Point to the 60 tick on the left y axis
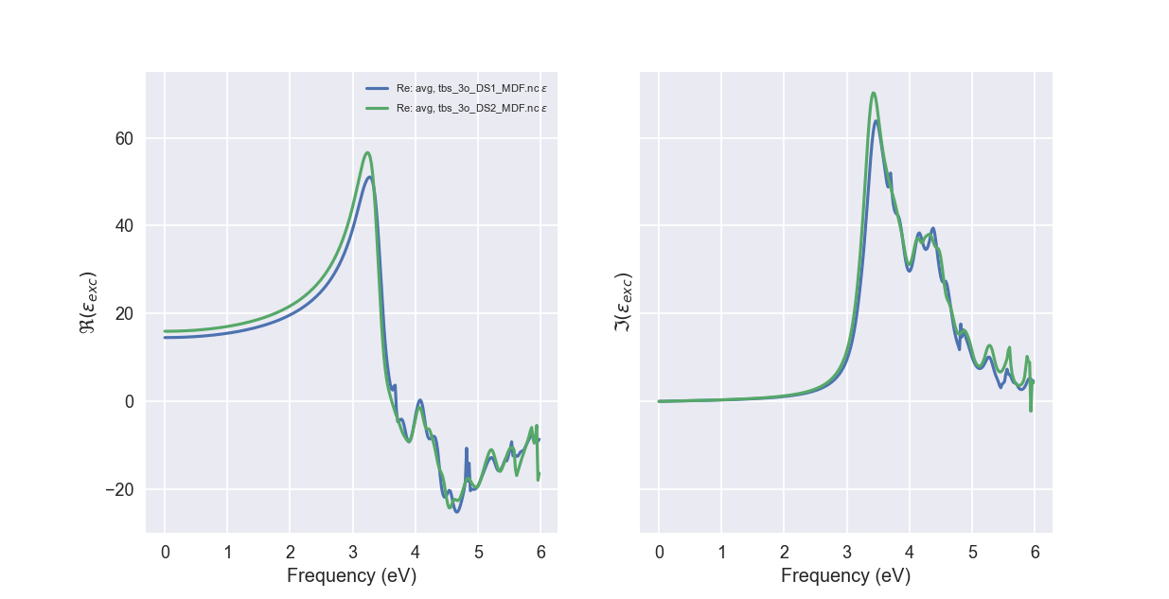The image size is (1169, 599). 124,138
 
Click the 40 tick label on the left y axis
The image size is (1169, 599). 124,226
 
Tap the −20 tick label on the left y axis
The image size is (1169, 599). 119,489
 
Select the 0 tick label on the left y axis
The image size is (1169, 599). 129,401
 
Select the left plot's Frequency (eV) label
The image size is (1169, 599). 351,575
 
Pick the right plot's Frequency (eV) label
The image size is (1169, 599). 845,575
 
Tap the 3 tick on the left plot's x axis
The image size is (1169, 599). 352,551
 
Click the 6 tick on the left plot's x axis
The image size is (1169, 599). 540,551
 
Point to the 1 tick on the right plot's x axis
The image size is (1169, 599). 721,551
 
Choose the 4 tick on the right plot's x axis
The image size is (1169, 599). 910,551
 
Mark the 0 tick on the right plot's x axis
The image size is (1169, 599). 659,551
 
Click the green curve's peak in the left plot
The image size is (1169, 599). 367,152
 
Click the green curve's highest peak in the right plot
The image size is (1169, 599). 873,93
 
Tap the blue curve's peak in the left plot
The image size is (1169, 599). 369,177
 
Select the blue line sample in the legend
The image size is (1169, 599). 378,88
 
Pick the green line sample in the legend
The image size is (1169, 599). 378,109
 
